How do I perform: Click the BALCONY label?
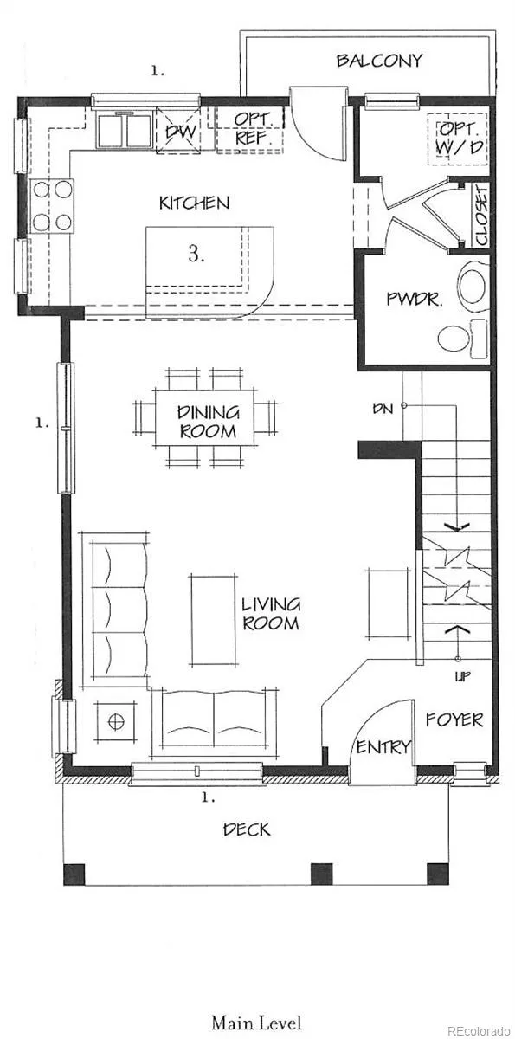[379, 61]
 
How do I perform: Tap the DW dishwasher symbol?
[178, 131]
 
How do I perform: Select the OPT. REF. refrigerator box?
[249, 129]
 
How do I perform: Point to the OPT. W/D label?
[459, 139]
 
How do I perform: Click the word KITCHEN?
[194, 203]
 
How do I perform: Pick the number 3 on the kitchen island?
[196, 254]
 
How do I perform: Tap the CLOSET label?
[481, 216]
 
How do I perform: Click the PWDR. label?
[415, 299]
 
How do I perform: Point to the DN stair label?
[383, 409]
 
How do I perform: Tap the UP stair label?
[462, 676]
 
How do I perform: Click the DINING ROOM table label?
[208, 422]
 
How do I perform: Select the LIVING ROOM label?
[271, 613]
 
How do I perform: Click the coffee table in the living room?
[213, 621]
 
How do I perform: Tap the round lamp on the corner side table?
[116, 722]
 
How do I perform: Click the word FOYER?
[454, 720]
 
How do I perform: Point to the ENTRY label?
[383, 746]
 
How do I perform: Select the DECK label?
[247, 829]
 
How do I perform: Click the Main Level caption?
[257, 1023]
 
